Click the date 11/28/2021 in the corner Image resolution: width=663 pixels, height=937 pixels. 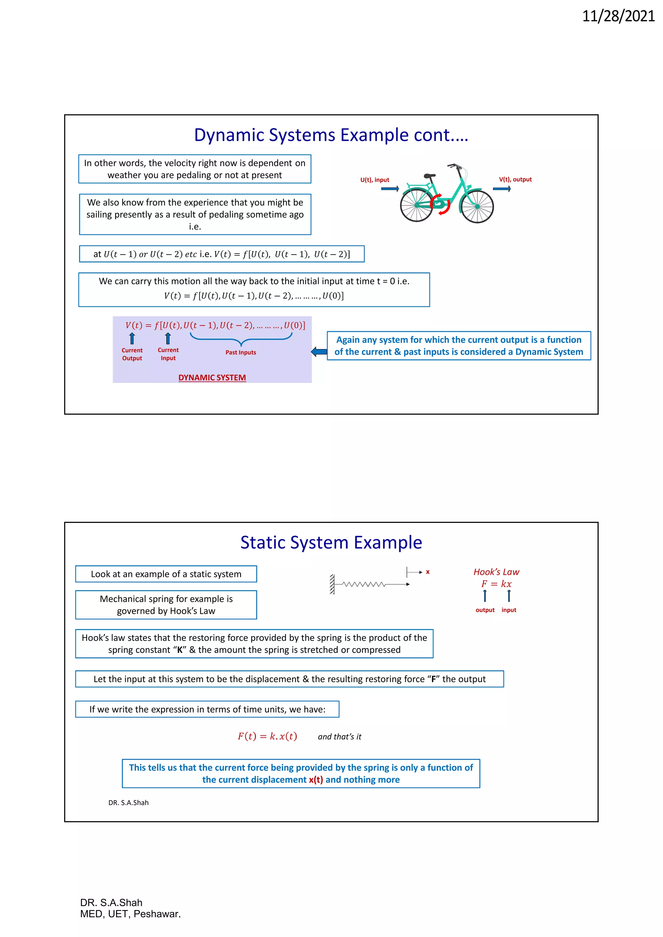coord(618,16)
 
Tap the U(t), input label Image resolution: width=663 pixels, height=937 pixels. coord(374,180)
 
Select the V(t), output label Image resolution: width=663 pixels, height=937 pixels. coord(515,180)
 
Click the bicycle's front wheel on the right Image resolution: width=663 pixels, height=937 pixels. coord(477,206)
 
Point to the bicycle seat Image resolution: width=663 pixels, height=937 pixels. coord(429,176)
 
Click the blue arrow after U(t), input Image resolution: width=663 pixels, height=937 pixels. coord(390,189)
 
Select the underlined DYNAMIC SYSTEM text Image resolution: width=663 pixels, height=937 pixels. coord(212,378)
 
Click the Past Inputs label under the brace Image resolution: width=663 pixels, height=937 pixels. coord(241,353)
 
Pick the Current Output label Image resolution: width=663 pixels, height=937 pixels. coord(132,354)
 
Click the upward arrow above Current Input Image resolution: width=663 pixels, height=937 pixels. coord(168,338)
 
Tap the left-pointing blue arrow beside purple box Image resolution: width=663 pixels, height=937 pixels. coord(319,351)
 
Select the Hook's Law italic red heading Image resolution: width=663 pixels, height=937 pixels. coord(496,572)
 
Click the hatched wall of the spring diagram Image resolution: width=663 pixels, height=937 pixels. coord(332,584)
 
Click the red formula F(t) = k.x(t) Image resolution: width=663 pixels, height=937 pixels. coord(267,736)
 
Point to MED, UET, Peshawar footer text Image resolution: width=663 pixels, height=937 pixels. coord(130,914)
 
